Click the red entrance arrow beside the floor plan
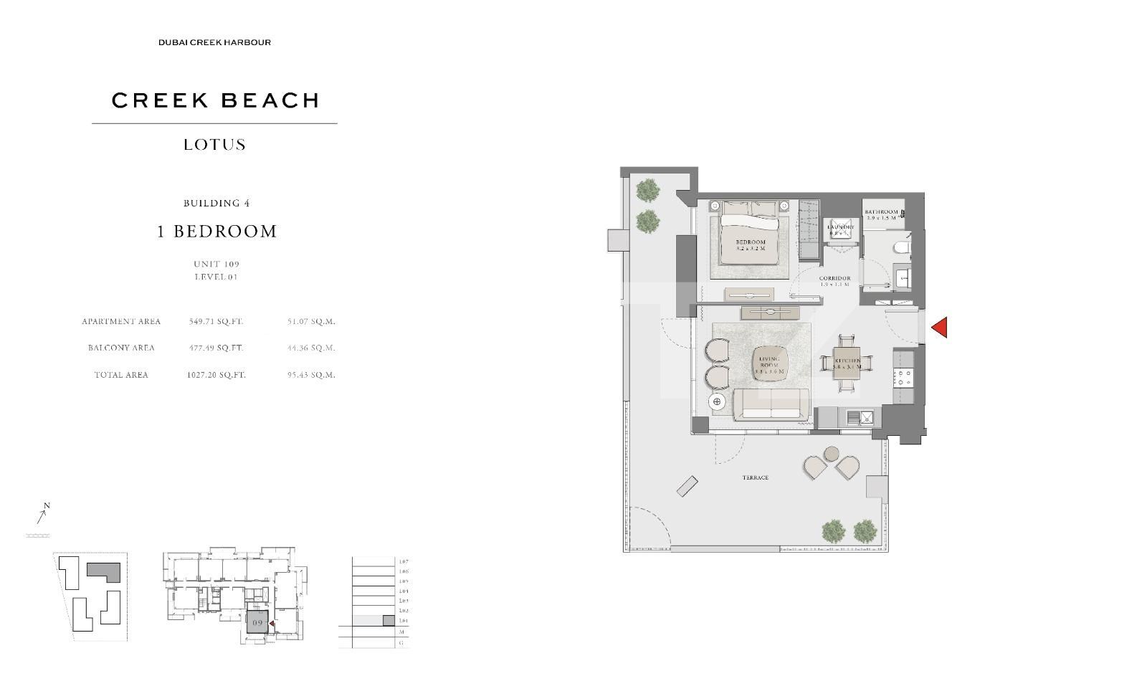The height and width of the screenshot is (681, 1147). (940, 328)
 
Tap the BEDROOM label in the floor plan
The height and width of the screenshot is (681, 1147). (751, 242)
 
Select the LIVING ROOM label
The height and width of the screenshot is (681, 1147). (770, 362)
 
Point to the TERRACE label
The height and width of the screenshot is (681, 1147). (755, 477)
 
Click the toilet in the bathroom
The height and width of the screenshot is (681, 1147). (902, 248)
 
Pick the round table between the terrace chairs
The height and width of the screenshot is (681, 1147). (832, 454)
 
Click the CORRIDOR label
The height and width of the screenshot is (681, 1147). (834, 278)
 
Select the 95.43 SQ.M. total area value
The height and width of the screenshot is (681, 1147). (311, 374)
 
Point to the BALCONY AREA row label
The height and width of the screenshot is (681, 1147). (121, 348)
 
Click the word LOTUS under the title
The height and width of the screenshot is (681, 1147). (214, 145)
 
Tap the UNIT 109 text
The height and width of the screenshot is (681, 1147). (216, 264)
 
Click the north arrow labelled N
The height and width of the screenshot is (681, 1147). (43, 513)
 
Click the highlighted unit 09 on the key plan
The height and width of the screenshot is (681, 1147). (257, 623)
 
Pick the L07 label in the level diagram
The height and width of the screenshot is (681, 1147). (403, 561)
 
